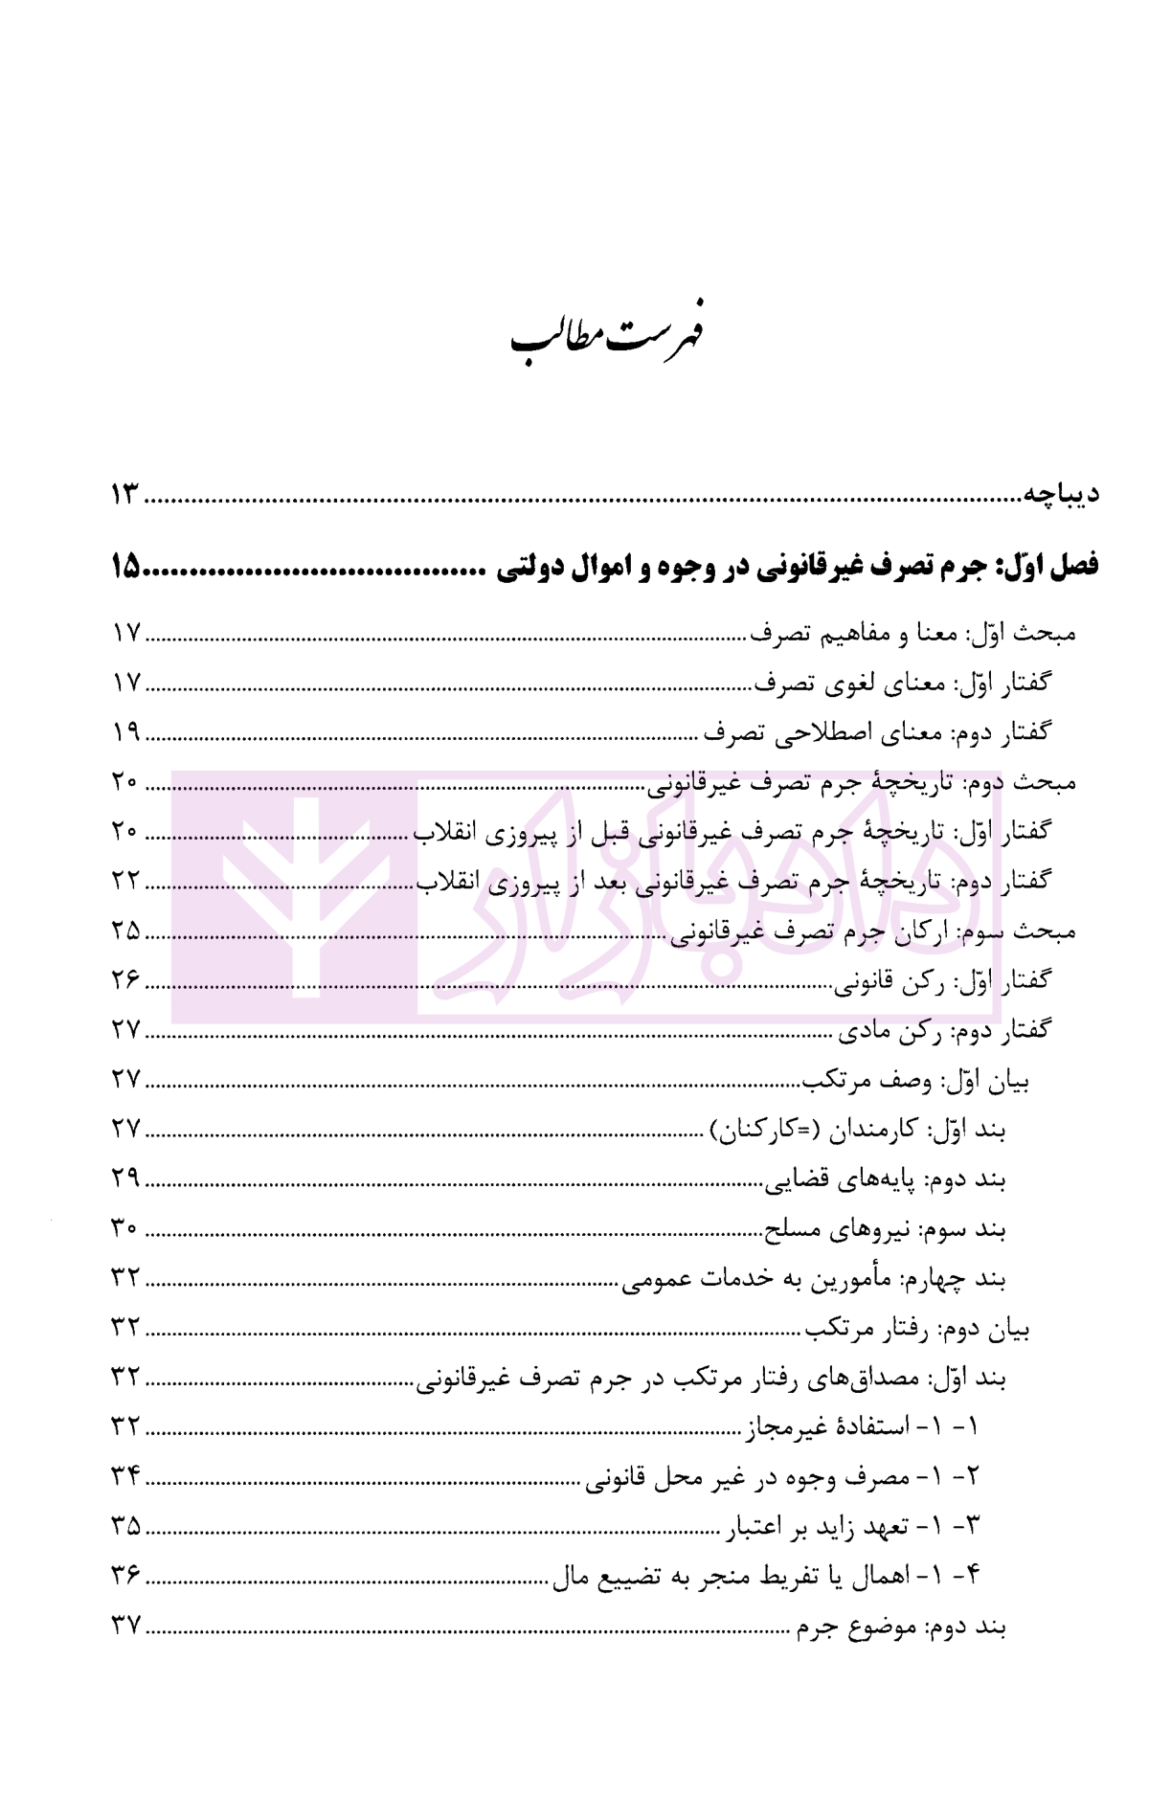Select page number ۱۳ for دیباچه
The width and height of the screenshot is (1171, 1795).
[x=125, y=495]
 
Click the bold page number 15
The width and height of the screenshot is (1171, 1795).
[x=125, y=569]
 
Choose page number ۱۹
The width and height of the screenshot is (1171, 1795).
[x=125, y=733]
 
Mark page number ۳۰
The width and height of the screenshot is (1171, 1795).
[x=125, y=1229]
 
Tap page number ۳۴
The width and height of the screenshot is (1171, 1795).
[x=125, y=1477]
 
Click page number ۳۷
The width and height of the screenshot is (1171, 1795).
[x=125, y=1627]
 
